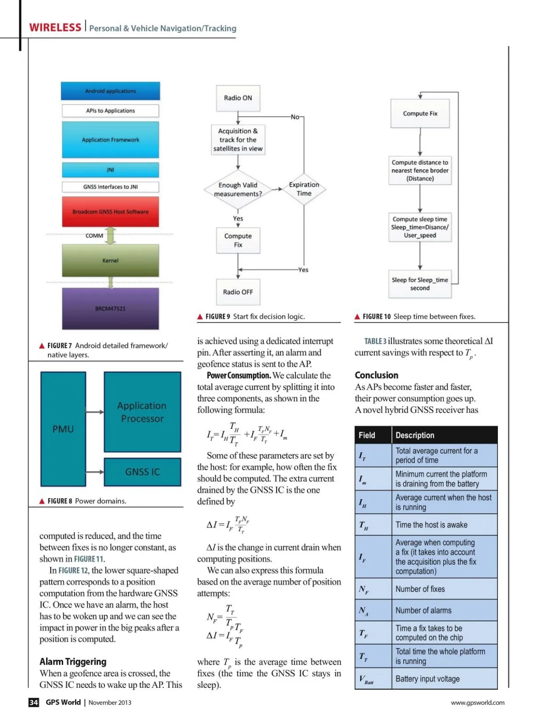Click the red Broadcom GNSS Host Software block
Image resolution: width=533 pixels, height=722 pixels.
[111, 212]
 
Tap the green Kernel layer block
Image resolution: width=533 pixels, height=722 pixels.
[111, 261]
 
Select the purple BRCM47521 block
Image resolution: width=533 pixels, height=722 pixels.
[111, 309]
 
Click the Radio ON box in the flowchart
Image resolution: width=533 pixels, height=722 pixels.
[238, 98]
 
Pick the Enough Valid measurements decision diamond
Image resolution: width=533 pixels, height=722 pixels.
[238, 190]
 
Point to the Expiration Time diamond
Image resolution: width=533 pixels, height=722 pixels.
[304, 189]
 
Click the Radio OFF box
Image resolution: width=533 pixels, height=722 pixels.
[238, 292]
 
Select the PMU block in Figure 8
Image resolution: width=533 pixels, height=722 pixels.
[63, 429]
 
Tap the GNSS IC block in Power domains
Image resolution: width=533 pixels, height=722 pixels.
[143, 472]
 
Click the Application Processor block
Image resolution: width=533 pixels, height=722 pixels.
[142, 412]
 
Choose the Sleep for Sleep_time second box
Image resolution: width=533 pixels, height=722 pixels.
[420, 284]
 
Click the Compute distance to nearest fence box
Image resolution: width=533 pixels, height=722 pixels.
[420, 171]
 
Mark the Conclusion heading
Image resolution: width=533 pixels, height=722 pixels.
[377, 375]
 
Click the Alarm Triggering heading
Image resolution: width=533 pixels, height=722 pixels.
[73, 662]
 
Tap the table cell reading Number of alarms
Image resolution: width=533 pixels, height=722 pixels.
[423, 611]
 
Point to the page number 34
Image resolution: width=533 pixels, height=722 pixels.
[34, 702]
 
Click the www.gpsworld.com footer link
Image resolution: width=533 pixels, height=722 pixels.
[477, 702]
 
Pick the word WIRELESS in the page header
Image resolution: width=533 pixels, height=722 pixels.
[56, 28]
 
